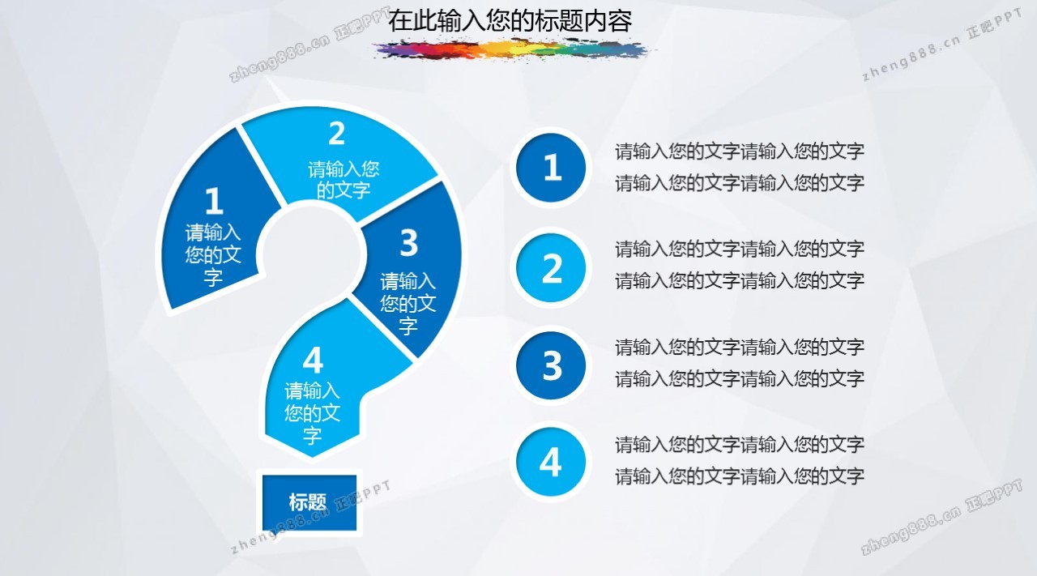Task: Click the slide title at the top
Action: (x=510, y=21)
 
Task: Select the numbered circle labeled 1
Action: (x=551, y=168)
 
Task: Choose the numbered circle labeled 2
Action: (x=551, y=267)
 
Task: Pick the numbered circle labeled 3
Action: (x=551, y=365)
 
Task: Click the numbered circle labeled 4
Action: (x=551, y=462)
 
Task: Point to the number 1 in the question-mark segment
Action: (x=214, y=201)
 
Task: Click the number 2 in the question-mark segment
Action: (x=337, y=133)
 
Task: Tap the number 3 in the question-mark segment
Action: (x=409, y=242)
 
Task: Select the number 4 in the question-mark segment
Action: (x=313, y=360)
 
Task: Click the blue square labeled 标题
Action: (x=309, y=502)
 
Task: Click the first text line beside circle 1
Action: (x=740, y=151)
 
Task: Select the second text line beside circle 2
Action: (x=740, y=280)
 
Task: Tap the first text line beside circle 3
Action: (x=740, y=347)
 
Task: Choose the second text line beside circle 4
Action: (x=740, y=476)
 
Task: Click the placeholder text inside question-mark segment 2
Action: (x=344, y=180)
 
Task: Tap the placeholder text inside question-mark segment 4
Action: (x=313, y=413)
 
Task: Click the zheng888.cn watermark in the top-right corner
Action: (x=942, y=45)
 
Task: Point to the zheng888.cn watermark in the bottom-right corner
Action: (x=942, y=517)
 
